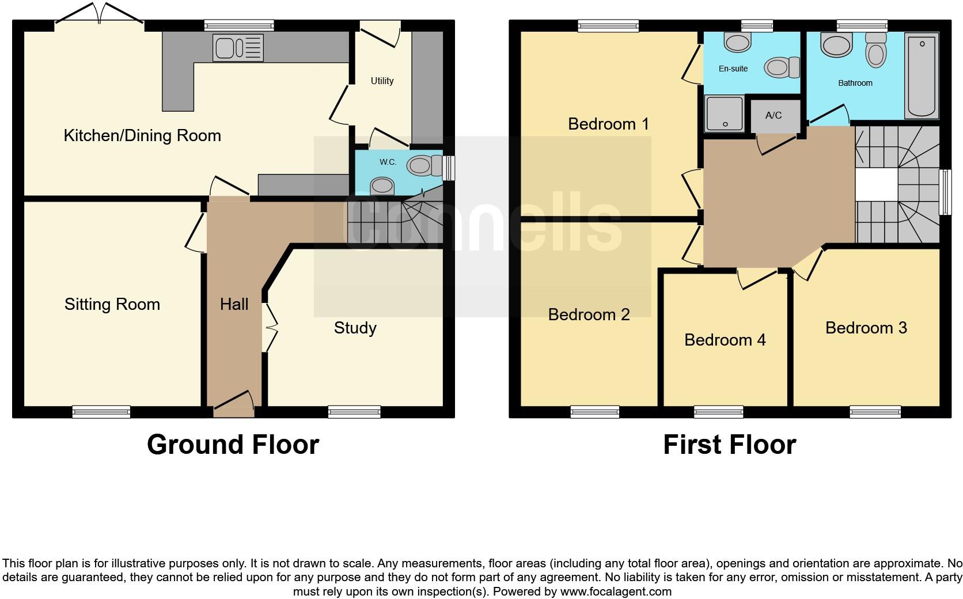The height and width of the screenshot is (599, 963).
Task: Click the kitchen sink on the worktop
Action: pyautogui.click(x=238, y=47)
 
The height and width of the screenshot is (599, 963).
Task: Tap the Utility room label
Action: pyautogui.click(x=382, y=81)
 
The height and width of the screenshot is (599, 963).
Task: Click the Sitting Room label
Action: pyautogui.click(x=112, y=304)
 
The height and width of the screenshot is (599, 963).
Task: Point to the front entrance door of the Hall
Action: pyautogui.click(x=233, y=404)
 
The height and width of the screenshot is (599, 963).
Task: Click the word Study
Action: pyautogui.click(x=355, y=328)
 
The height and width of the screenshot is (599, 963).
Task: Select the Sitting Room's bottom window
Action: pyautogui.click(x=101, y=412)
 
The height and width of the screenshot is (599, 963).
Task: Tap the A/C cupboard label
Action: pyautogui.click(x=774, y=115)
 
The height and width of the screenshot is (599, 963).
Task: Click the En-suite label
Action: pyautogui.click(x=733, y=69)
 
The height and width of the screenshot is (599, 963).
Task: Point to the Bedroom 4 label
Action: pyautogui.click(x=725, y=340)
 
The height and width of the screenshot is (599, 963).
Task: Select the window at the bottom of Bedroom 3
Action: pyautogui.click(x=875, y=412)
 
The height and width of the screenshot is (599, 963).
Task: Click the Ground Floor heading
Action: pyautogui.click(x=233, y=445)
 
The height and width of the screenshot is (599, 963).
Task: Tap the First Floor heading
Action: pyautogui.click(x=729, y=445)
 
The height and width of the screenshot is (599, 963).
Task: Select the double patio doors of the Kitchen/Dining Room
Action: pyautogui.click(x=99, y=14)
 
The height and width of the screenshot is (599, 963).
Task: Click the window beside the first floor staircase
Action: pyautogui.click(x=945, y=192)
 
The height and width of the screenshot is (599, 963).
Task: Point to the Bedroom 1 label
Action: pyautogui.click(x=608, y=124)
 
